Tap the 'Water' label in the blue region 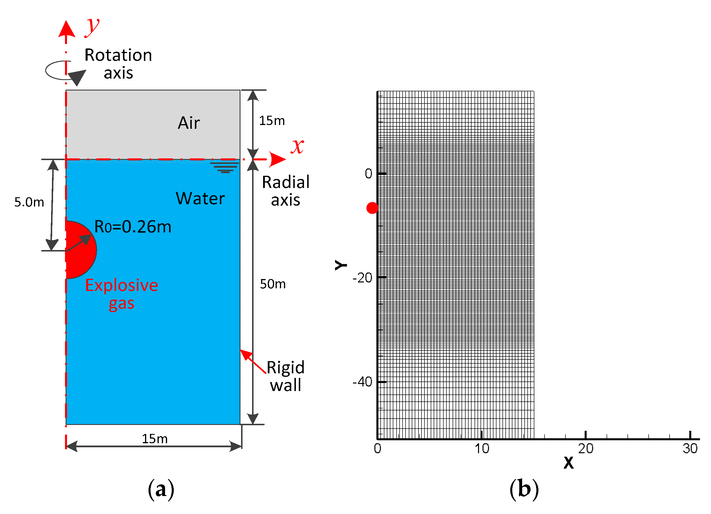click(200, 198)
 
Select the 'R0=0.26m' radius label click(133, 227)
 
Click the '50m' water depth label click(272, 284)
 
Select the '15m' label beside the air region click(272, 121)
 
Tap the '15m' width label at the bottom click(155, 439)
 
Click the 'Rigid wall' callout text click(285, 376)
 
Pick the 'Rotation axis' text click(118, 64)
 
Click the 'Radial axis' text click(285, 191)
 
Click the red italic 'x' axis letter click(297, 146)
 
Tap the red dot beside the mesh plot click(372, 208)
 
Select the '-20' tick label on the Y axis click(362, 278)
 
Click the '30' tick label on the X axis click(690, 448)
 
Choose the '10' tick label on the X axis click(482, 448)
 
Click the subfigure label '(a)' click(161, 489)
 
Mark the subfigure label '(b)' click(524, 489)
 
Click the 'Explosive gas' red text click(121, 294)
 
